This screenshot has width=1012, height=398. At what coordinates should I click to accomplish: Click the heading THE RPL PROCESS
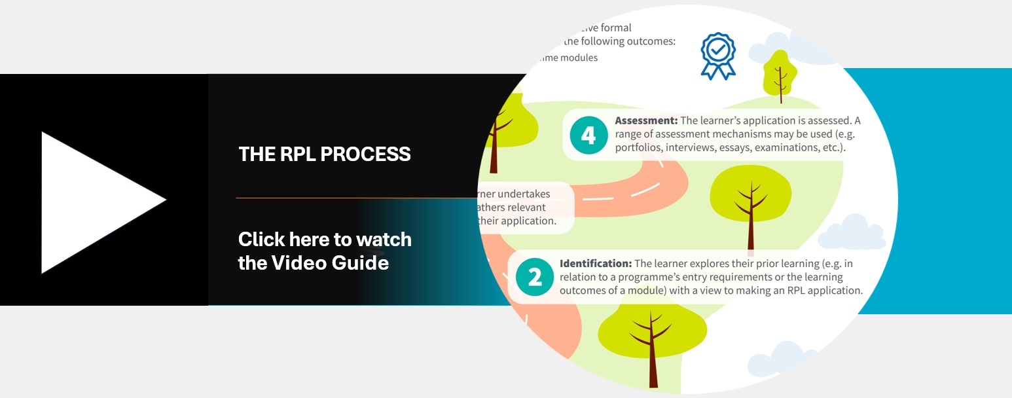[324, 154]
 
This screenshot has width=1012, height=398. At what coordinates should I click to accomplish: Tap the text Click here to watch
[325, 240]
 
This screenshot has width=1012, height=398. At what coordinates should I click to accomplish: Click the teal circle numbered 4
[588, 136]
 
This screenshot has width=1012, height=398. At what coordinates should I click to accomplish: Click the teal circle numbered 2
[534, 278]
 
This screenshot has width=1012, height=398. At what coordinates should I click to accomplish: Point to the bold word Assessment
[645, 121]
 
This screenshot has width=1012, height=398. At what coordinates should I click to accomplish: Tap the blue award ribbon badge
[718, 56]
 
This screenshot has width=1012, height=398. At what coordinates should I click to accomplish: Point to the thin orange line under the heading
[353, 198]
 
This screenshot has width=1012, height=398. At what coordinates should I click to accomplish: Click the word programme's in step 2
[630, 277]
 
